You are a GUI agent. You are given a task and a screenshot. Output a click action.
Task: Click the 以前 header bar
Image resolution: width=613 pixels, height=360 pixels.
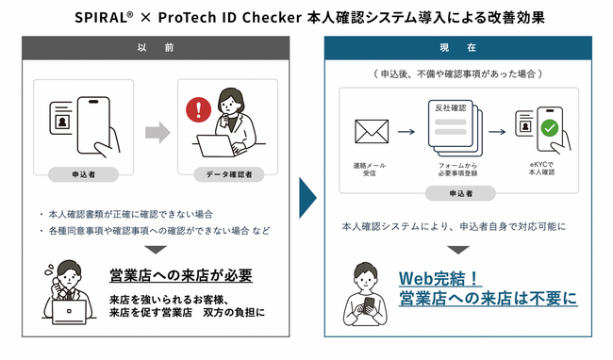(x=156, y=48)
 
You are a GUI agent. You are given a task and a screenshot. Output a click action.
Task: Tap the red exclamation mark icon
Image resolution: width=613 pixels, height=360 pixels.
(x=199, y=110)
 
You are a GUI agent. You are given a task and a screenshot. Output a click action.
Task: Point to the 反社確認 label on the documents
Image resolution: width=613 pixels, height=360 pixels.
(x=450, y=107)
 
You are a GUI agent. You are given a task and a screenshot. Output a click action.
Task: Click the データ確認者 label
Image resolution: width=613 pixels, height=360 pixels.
(x=227, y=174)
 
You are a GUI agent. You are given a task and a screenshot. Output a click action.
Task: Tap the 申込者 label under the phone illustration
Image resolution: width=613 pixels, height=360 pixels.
(x=82, y=174)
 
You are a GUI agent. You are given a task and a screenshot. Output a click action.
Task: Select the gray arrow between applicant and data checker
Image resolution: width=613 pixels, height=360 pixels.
(x=157, y=131)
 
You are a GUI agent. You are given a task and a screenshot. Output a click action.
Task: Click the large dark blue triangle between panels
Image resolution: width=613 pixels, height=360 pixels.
(x=306, y=198)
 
